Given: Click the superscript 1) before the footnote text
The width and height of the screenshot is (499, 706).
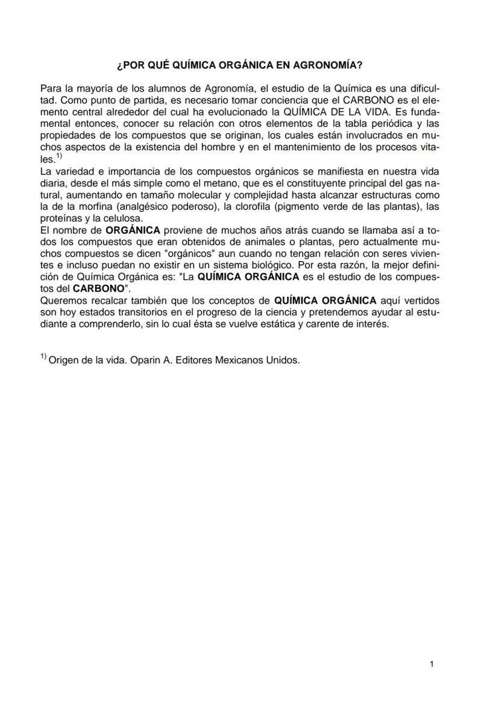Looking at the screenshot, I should tap(43, 358).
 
